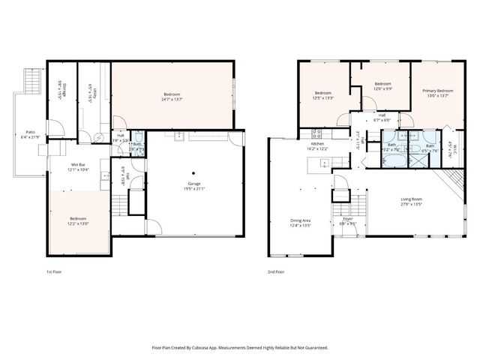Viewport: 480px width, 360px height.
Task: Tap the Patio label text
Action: click(x=31, y=132)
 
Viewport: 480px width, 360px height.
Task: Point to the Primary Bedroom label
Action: click(x=437, y=90)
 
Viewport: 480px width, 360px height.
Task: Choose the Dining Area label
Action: click(x=300, y=220)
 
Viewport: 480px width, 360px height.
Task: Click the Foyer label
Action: click(x=347, y=218)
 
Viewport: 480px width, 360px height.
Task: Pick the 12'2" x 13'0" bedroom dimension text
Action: click(x=78, y=223)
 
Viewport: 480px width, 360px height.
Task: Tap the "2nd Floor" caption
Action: click(x=276, y=271)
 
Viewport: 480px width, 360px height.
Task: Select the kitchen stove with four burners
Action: click(x=316, y=133)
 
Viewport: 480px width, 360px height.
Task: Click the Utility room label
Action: click(x=89, y=92)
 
